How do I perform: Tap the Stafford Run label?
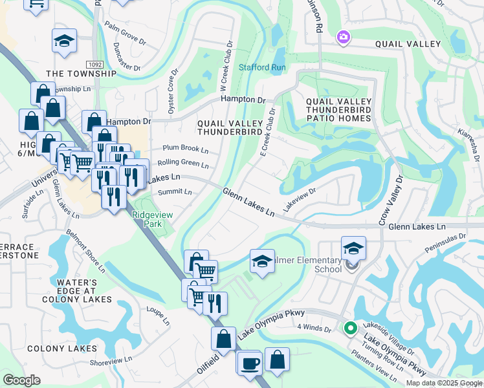click(x=262, y=67)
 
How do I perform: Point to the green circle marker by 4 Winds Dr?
click(x=349, y=329)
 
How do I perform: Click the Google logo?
click(x=21, y=380)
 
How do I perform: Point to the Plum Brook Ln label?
click(x=186, y=149)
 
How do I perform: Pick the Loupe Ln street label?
click(x=157, y=316)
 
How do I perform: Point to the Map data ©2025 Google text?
click(x=443, y=383)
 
